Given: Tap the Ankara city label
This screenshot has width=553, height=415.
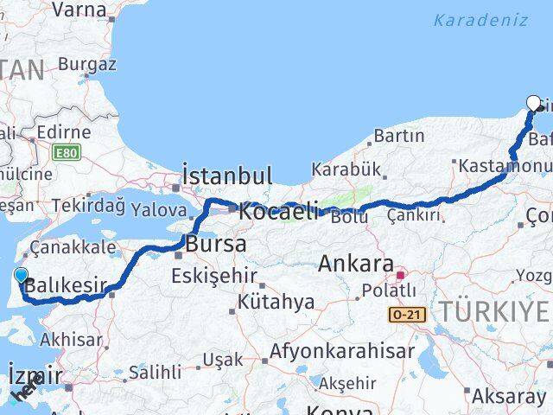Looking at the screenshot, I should point(356,264).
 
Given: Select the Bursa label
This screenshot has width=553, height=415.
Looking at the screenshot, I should point(216,244).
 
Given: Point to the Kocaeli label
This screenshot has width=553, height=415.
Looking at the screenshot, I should point(279,211).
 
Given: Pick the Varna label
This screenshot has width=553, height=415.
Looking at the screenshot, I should point(79,10).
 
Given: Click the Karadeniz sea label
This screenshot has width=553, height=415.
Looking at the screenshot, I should point(480,20).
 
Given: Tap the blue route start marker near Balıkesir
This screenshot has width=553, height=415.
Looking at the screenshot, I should point(21,276).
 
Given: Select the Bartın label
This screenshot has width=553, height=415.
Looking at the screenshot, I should point(399,136).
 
